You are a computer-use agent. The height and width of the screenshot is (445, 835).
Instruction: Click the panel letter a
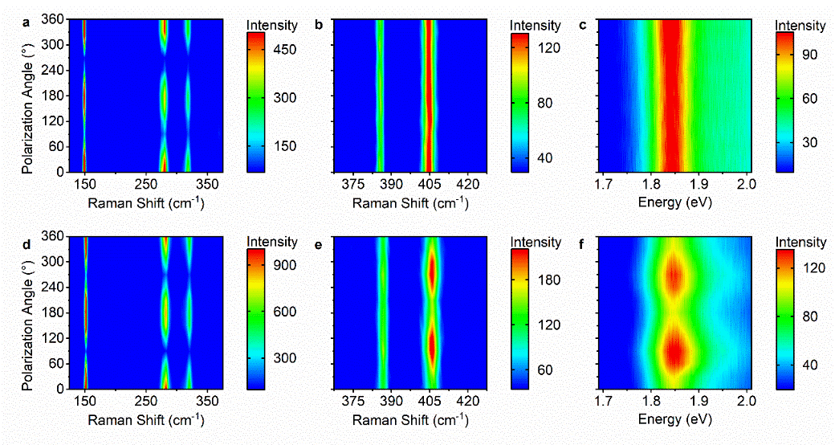[x=26, y=23]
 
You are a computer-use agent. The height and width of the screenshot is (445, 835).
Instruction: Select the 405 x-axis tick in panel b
[x=430, y=186]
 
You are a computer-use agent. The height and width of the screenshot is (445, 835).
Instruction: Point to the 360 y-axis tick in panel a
[x=59, y=20]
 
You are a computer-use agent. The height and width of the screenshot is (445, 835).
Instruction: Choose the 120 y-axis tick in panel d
[x=59, y=338]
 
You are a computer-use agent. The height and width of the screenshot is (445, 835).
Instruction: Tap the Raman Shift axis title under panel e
[x=409, y=418]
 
